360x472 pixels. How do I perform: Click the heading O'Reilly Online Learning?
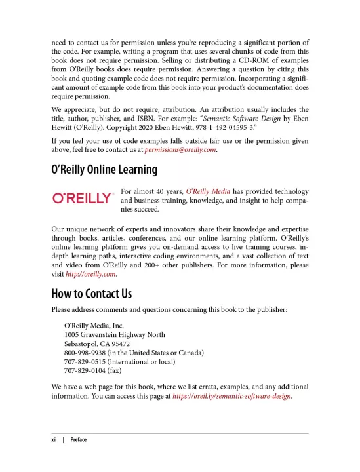(x=104, y=170)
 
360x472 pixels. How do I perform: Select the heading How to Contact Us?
(x=91, y=293)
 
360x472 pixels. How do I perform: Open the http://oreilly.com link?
(x=90, y=275)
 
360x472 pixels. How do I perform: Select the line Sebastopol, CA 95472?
(x=97, y=344)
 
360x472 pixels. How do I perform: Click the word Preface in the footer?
(x=78, y=439)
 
